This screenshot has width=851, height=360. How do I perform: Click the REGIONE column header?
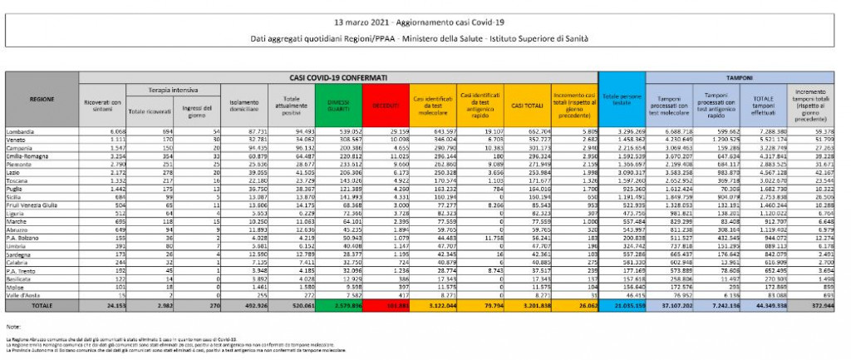tap(42, 99)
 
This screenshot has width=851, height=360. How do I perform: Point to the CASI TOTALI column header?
tap(527, 106)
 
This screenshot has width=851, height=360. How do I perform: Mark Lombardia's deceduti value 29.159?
tap(391, 131)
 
